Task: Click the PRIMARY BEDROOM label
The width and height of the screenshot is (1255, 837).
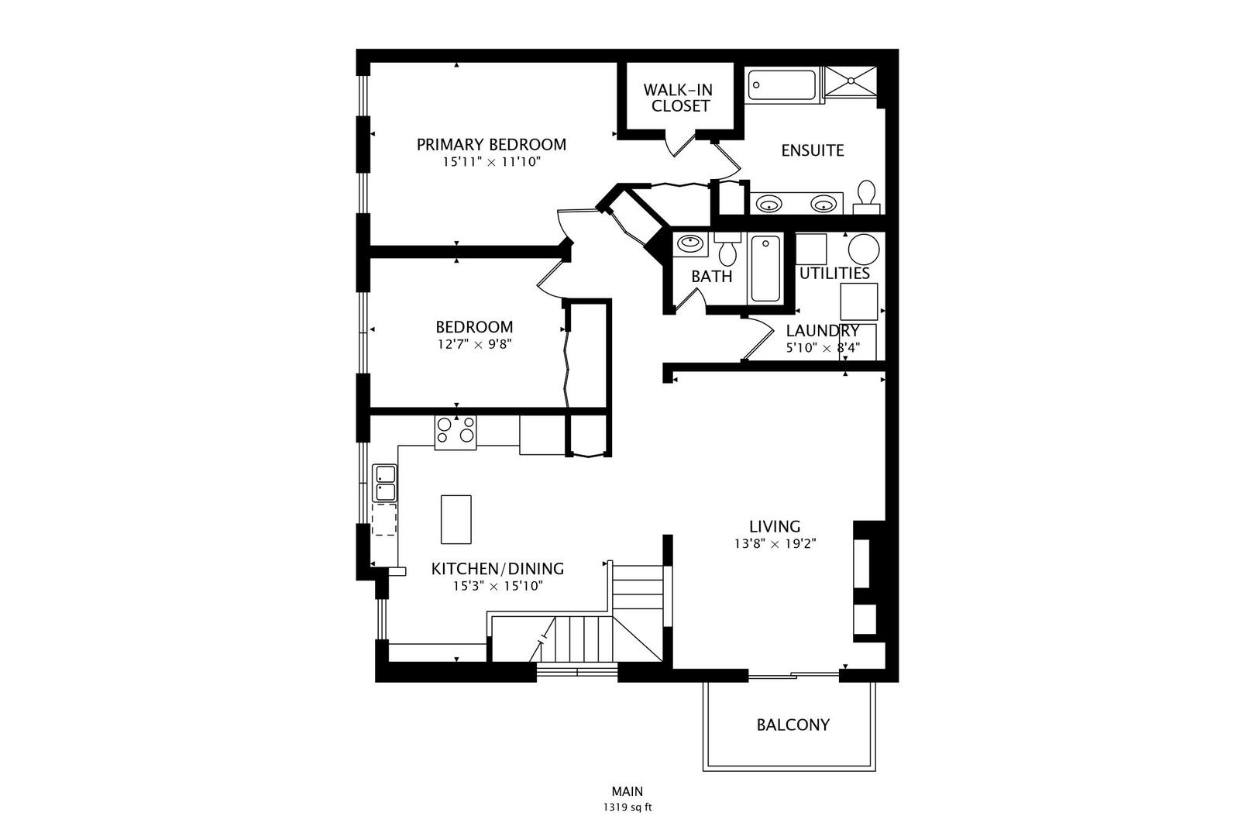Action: pos(491,145)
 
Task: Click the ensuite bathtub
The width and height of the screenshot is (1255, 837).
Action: pos(782,85)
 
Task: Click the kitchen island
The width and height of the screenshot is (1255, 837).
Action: pos(456,519)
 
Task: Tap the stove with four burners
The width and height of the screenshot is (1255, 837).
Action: pos(456,432)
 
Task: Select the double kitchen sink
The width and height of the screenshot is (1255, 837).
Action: pos(384,484)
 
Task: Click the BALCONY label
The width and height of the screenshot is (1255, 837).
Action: pos(793,725)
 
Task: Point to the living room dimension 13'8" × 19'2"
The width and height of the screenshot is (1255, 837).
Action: pos(775,544)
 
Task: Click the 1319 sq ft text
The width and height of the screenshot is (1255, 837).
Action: pos(627,808)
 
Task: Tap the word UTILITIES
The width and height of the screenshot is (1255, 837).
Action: pos(834,274)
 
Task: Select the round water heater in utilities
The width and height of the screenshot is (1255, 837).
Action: pos(864,249)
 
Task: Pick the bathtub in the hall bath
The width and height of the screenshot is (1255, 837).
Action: pos(765,269)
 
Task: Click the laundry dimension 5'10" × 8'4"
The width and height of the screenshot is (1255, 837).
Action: pos(823,347)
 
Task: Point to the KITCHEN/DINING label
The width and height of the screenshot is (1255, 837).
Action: pos(497,569)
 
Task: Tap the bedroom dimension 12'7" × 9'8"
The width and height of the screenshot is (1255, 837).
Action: pos(475,343)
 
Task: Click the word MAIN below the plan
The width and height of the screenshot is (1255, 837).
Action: pos(627,791)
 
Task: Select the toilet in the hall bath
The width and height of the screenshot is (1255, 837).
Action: pos(727,250)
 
